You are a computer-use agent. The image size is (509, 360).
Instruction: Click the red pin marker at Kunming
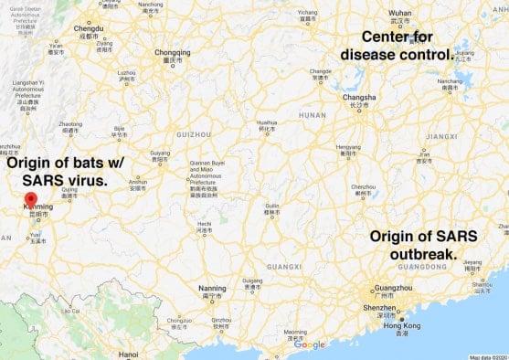click(30, 199)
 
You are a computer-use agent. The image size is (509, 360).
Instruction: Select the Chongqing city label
click(173, 52)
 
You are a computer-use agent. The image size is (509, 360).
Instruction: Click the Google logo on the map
click(309, 344)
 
